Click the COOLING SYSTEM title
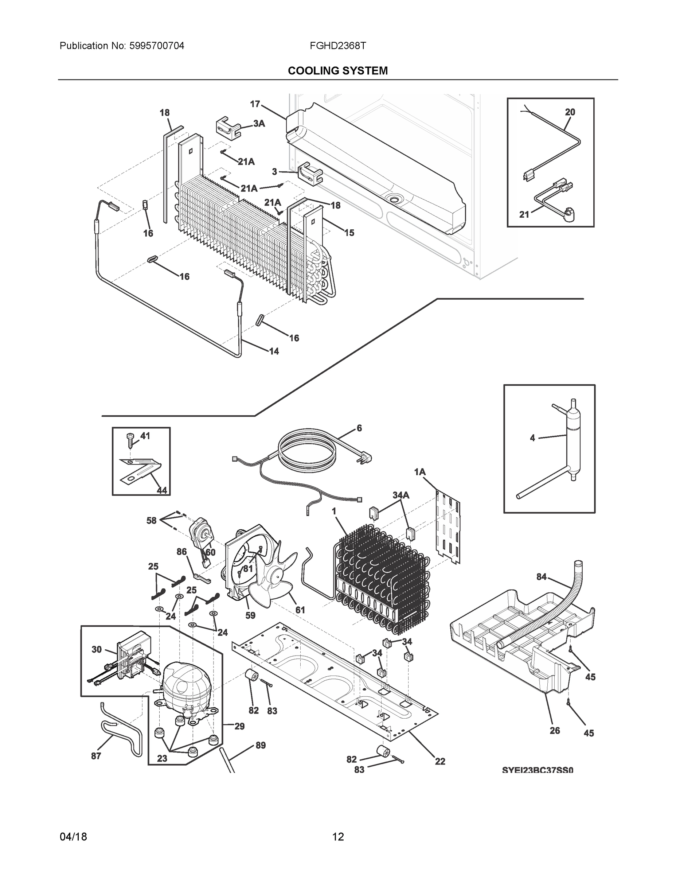point(337,71)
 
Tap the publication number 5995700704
point(157,46)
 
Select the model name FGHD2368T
point(337,46)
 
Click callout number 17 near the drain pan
point(255,104)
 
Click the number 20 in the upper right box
point(570,112)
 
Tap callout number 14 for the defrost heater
point(274,351)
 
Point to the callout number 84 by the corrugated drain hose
point(542,576)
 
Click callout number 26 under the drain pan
point(555,730)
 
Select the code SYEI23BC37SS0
point(538,770)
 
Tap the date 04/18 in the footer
point(73,837)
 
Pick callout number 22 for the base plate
point(440,761)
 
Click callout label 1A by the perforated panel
point(420,472)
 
